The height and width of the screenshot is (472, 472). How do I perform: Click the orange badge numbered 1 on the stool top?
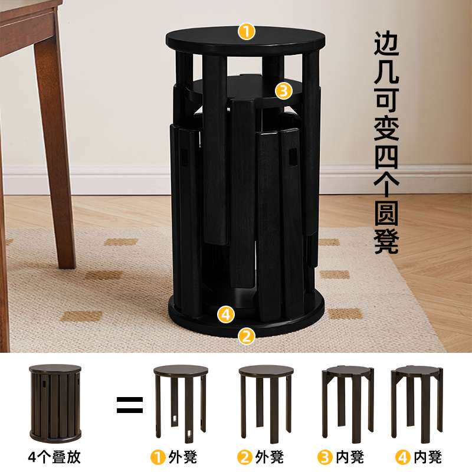(x=246, y=32)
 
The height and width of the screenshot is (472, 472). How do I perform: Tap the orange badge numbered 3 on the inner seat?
(x=284, y=91)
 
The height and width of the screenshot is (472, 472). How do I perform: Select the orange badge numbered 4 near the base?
(x=226, y=314)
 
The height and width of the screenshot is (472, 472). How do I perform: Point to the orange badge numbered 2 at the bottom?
(x=246, y=336)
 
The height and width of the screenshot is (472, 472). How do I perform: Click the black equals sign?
(x=130, y=405)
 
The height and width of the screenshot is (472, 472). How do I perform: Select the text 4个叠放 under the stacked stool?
(x=54, y=457)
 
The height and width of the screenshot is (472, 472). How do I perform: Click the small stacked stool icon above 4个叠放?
(x=55, y=403)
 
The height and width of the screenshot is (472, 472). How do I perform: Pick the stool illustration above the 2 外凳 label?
(x=266, y=404)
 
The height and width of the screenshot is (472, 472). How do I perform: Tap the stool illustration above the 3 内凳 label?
(x=348, y=402)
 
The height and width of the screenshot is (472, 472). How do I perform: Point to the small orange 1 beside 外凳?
(x=158, y=458)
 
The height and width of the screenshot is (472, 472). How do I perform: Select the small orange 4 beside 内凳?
(x=403, y=458)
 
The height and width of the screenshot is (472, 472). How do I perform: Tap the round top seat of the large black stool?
(x=245, y=41)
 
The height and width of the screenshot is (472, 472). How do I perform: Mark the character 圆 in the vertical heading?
(x=386, y=214)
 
